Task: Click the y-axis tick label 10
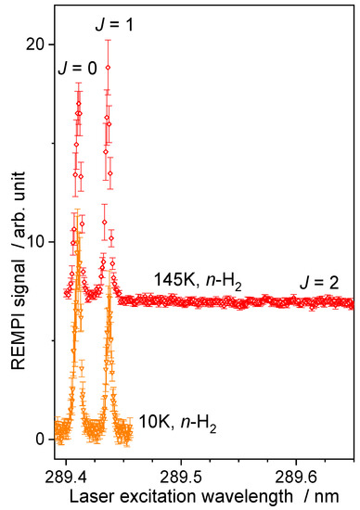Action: tap(34, 241)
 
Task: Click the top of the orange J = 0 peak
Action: tap(78, 243)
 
